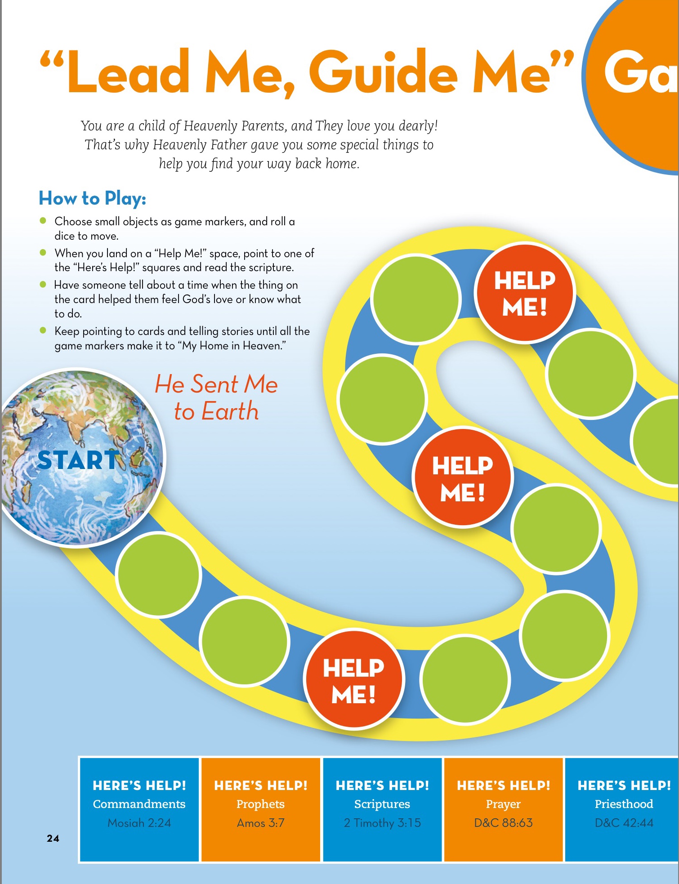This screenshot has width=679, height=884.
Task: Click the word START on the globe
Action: (x=77, y=460)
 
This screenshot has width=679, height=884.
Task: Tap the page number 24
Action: (x=53, y=838)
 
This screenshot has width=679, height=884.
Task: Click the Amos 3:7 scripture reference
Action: (x=261, y=823)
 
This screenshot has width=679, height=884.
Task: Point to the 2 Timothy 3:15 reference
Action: (x=382, y=823)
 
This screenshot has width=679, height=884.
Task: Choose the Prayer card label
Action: (x=503, y=804)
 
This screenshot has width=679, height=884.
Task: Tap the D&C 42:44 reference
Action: (x=624, y=823)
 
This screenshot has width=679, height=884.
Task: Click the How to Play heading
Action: (x=92, y=198)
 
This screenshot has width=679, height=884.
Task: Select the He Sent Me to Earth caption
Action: (x=216, y=398)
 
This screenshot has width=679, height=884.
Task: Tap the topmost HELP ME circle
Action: (x=525, y=293)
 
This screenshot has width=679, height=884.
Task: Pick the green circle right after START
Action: (x=158, y=574)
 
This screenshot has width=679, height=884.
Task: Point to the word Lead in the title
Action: (x=128, y=72)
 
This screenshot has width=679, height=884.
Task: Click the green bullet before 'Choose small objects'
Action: (x=43, y=220)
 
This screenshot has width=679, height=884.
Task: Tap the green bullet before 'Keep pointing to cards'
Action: (x=43, y=330)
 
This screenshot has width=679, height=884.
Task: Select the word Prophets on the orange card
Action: (x=261, y=804)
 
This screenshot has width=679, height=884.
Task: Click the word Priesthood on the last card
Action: (x=624, y=804)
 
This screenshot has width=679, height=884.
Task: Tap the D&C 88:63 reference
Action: (x=503, y=823)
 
